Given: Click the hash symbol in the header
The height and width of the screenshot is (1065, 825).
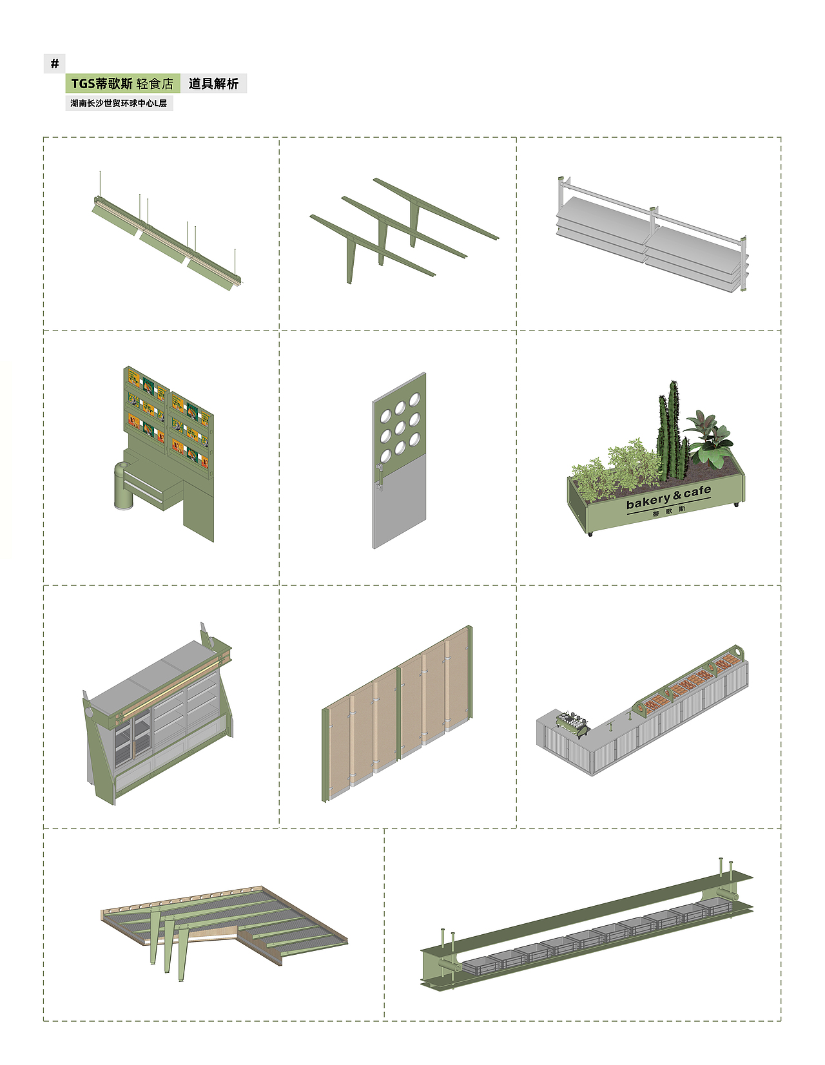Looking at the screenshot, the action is pyautogui.click(x=54, y=63).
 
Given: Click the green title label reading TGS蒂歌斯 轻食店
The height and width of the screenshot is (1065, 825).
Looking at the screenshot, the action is pyautogui.click(x=122, y=83).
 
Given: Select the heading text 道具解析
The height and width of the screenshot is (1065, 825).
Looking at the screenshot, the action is pyautogui.click(x=213, y=84).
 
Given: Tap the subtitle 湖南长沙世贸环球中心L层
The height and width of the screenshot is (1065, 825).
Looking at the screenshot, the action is pyautogui.click(x=119, y=104).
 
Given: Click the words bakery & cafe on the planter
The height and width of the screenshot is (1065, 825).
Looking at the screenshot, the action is pyautogui.click(x=668, y=497).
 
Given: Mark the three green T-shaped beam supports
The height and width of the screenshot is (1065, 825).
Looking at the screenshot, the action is pyautogui.click(x=403, y=231).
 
